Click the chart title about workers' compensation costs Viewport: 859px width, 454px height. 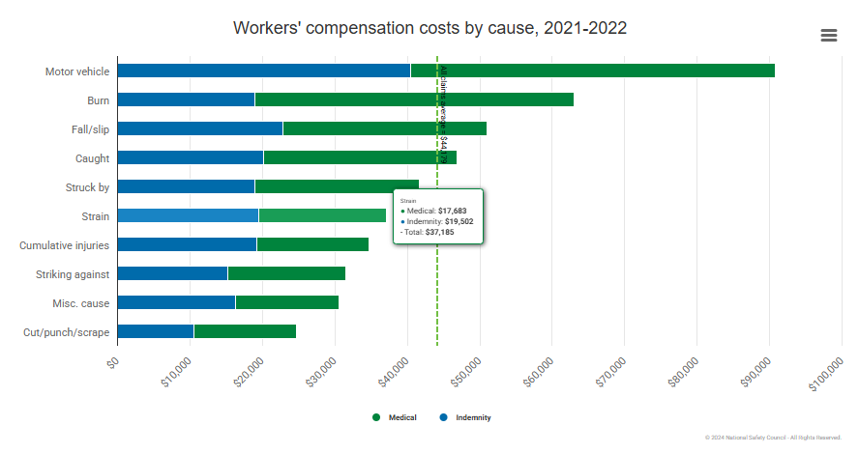coord(429,27)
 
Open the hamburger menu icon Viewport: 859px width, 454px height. coord(828,35)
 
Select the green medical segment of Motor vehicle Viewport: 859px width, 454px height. coord(592,71)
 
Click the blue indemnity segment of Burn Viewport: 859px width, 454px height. coord(186,99)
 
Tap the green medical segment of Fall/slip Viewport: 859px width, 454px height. coord(384,128)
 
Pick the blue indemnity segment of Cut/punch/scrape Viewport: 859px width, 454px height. coord(155,331)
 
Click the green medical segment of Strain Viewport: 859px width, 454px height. coord(322,215)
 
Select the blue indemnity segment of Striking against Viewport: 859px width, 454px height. coord(172,273)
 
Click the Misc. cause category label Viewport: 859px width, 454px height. coord(80,303)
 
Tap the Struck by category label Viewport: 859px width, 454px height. coord(87,187)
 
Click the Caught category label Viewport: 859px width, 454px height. coord(92,158)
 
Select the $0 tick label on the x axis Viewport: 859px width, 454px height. coord(113,361)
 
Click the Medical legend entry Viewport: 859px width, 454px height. coord(396,417)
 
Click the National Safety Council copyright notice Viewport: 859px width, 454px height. coord(773,438)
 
